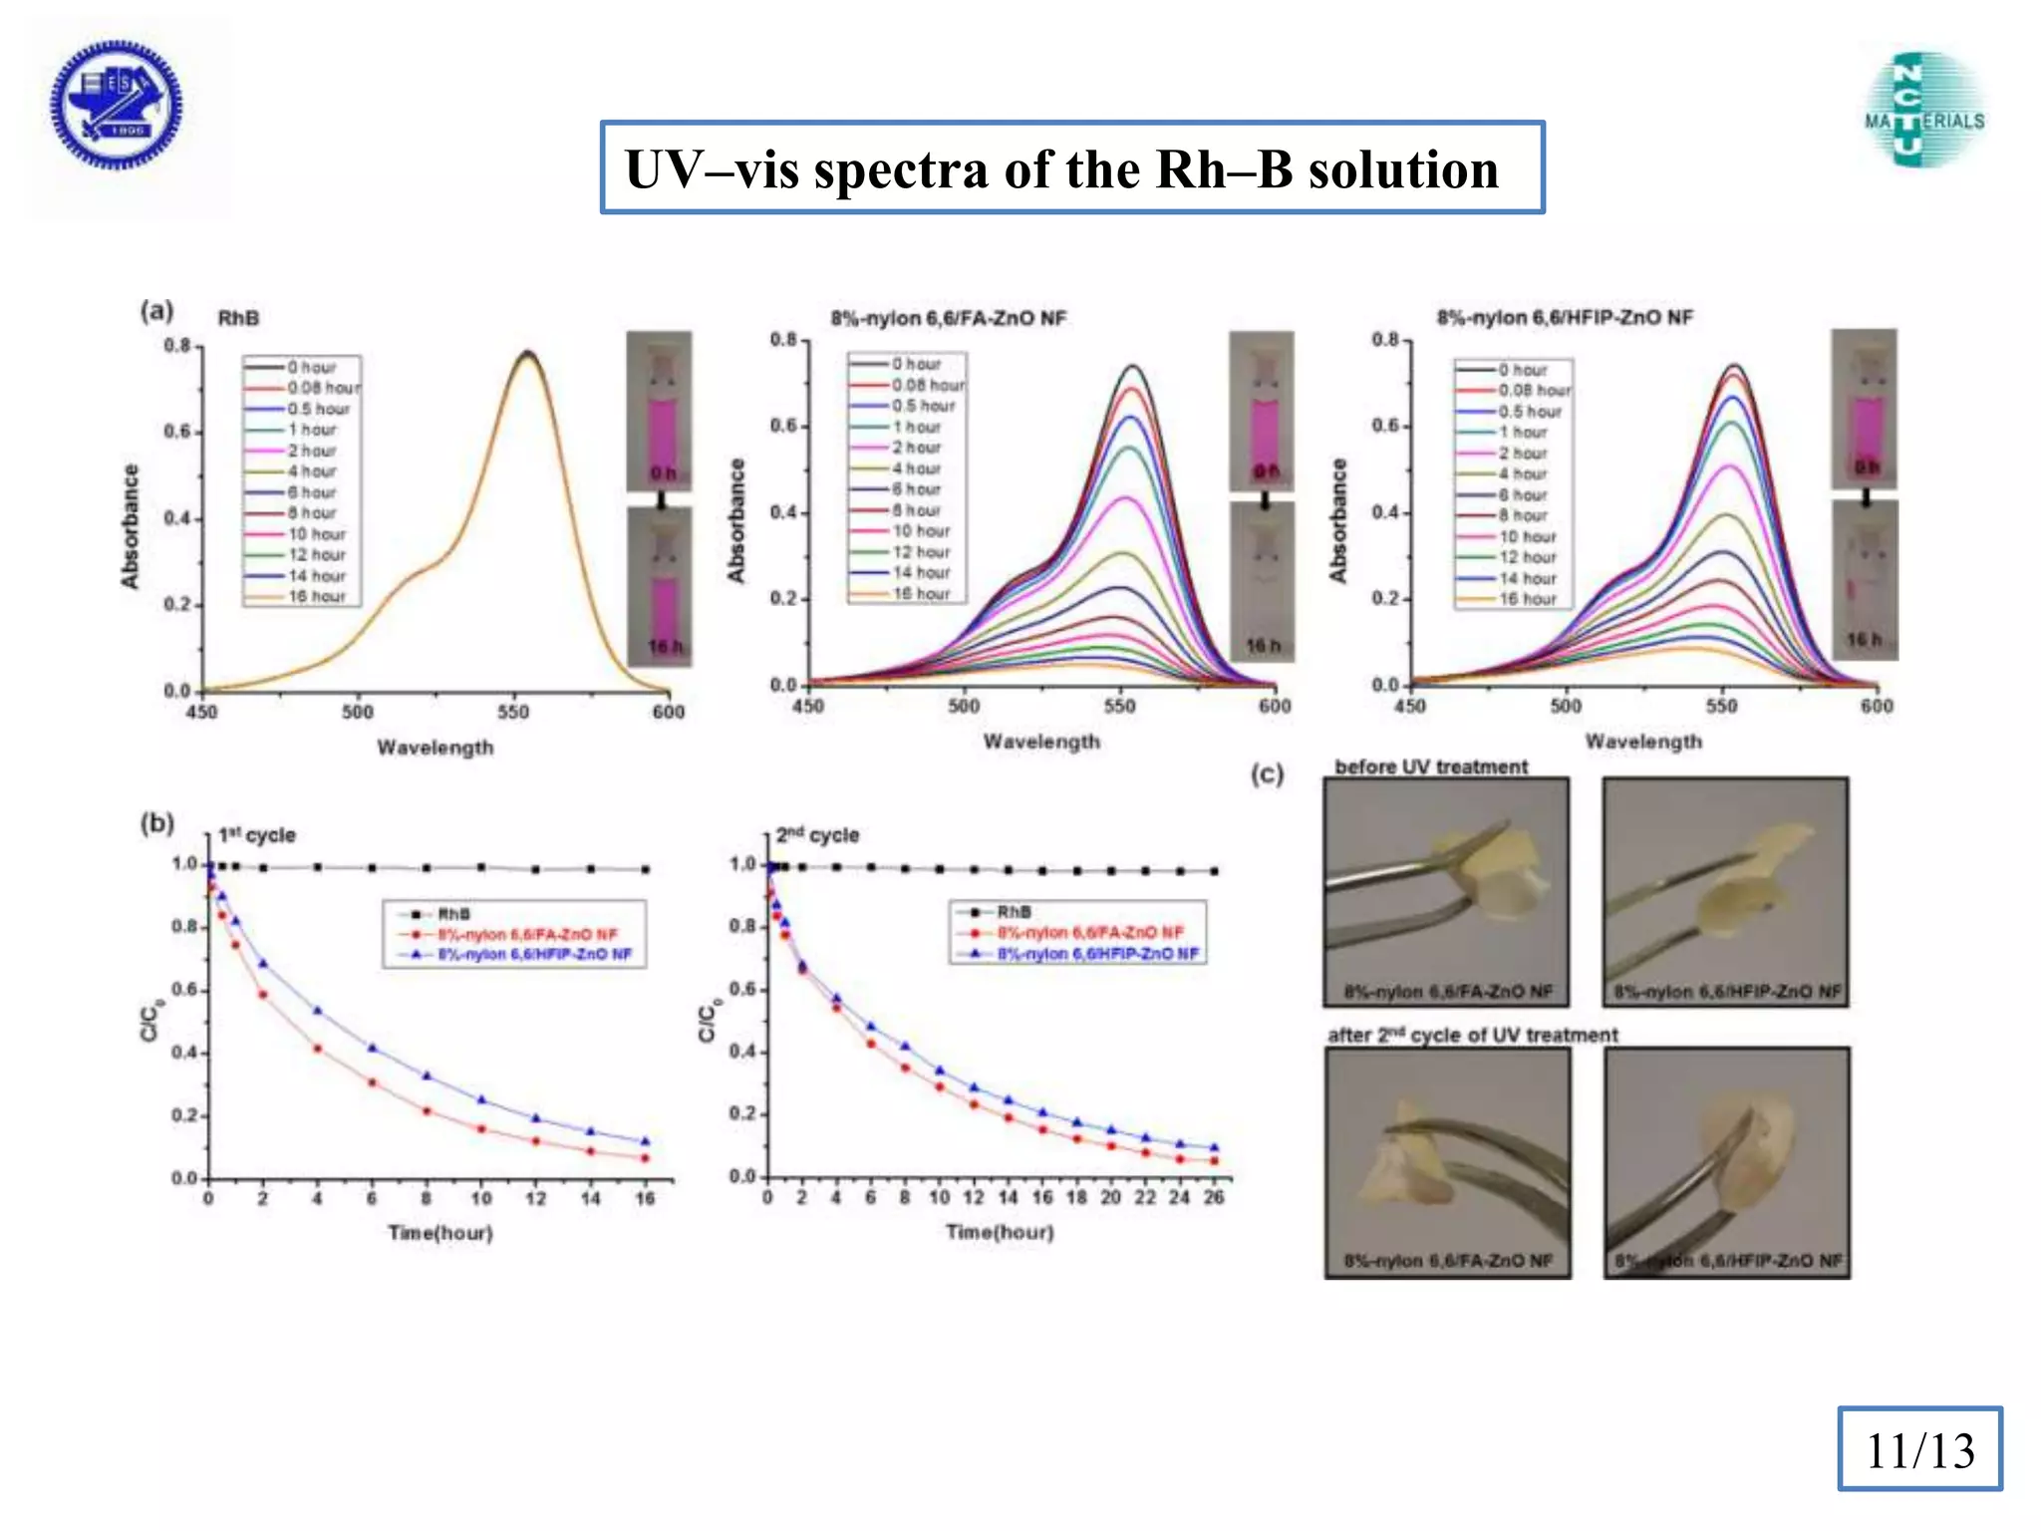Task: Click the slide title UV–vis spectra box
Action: coord(1071,167)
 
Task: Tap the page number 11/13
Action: coord(1918,1449)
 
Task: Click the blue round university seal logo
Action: coord(117,105)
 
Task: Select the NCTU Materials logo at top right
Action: coord(1924,110)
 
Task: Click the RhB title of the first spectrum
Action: coord(238,318)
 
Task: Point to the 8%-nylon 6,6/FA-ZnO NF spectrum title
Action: coord(948,318)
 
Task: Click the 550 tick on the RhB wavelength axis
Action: coord(513,712)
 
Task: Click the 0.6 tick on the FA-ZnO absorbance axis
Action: coord(782,426)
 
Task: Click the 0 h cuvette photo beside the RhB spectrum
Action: coord(659,411)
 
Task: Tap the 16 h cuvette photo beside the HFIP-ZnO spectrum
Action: coord(1864,579)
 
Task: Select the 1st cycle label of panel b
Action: coord(257,835)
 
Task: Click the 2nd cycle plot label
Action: coord(817,835)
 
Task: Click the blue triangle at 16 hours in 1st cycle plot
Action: coord(645,1141)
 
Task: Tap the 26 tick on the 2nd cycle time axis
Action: coord(1213,1197)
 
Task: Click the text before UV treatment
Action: coord(1430,766)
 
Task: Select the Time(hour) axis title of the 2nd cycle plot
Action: coord(999,1232)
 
